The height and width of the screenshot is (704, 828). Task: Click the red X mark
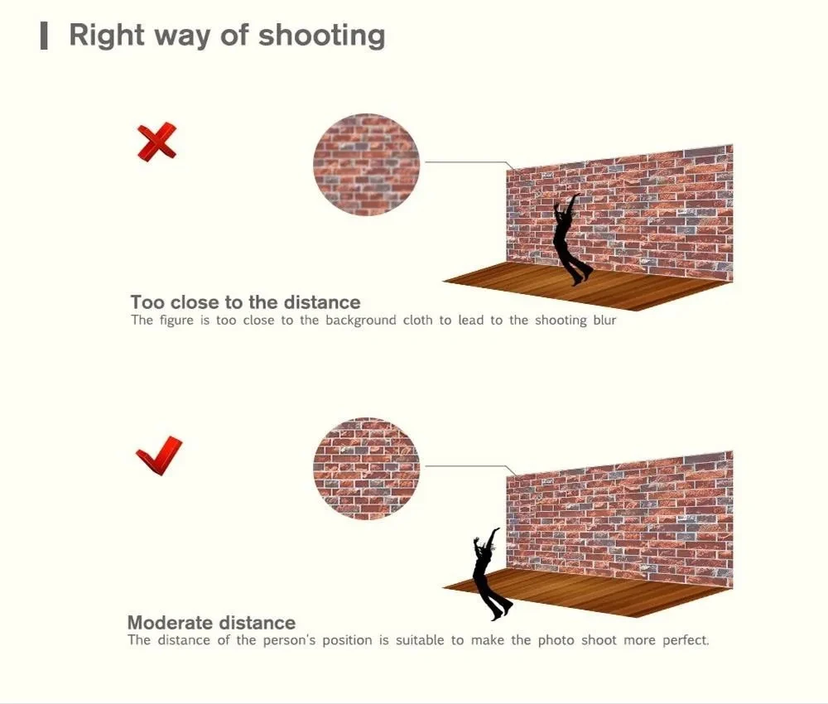pyautogui.click(x=156, y=142)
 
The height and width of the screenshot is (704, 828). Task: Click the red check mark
pyautogui.click(x=159, y=456)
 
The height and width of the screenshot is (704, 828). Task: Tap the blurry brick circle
pyautogui.click(x=366, y=164)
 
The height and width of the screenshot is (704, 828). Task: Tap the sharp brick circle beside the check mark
pyautogui.click(x=366, y=469)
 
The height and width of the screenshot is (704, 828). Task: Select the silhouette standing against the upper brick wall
pyautogui.click(x=570, y=240)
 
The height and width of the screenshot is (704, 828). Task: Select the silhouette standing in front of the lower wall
pyautogui.click(x=491, y=575)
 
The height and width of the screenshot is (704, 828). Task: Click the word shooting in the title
pyautogui.click(x=321, y=36)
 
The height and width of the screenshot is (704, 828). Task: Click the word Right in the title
pyautogui.click(x=107, y=36)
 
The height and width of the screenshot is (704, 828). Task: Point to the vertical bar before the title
pyautogui.click(x=45, y=36)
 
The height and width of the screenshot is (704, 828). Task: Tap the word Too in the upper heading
pyautogui.click(x=148, y=302)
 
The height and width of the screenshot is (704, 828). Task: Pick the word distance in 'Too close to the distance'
pyautogui.click(x=322, y=302)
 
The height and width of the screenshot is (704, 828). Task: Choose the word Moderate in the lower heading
pyautogui.click(x=170, y=623)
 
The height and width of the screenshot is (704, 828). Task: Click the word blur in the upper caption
pyautogui.click(x=604, y=320)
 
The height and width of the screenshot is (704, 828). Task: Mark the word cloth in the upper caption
pyautogui.click(x=417, y=320)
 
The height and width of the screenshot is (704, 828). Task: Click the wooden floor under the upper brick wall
pyautogui.click(x=587, y=285)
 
